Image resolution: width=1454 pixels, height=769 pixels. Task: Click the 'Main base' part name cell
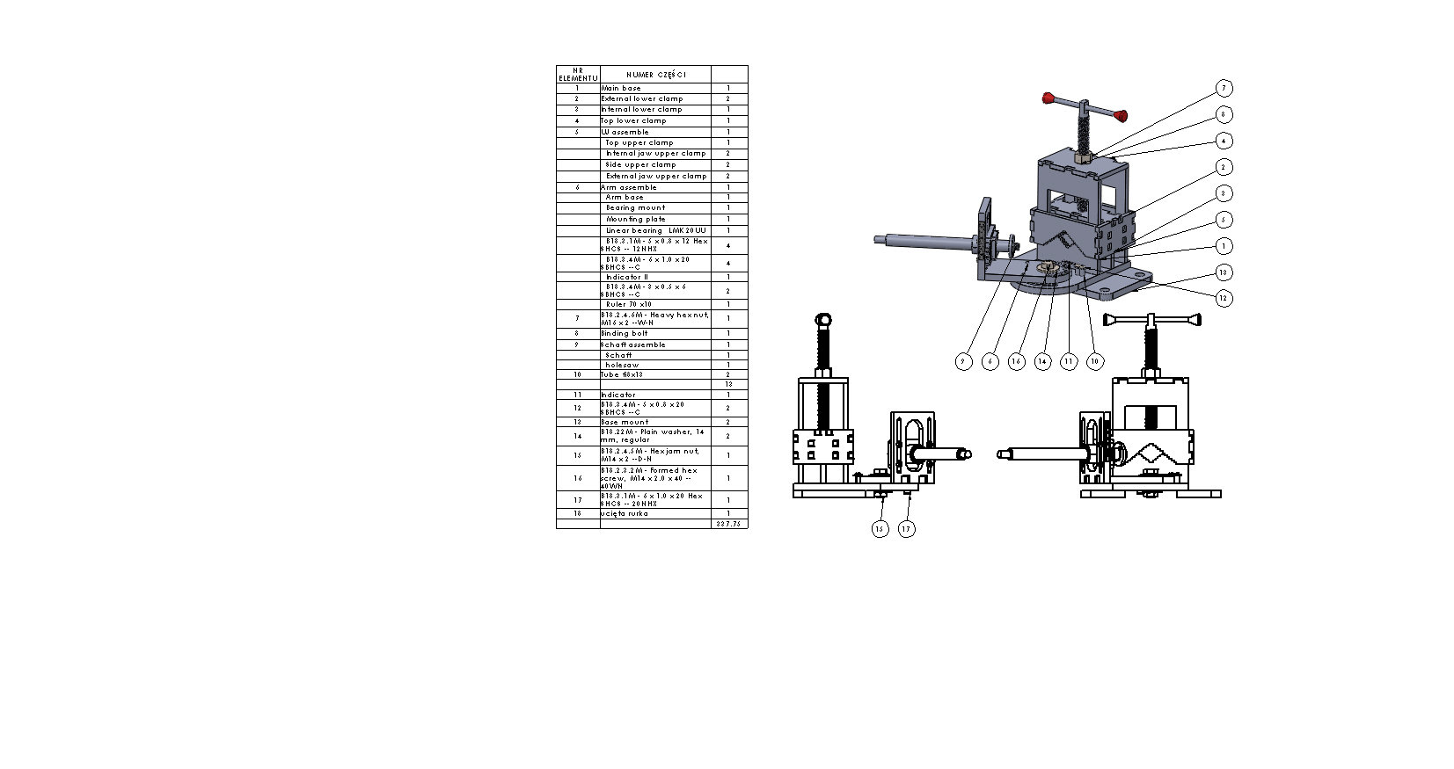pyautogui.click(x=621, y=88)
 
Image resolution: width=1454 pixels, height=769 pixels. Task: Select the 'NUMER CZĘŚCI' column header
pyautogui.click(x=655, y=75)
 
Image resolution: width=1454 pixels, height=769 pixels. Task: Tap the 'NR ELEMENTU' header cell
pyautogui.click(x=577, y=75)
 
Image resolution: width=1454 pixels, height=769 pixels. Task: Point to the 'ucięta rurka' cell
pyautogui.click(x=625, y=513)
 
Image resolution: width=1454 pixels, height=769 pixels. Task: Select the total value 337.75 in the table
pyautogui.click(x=728, y=524)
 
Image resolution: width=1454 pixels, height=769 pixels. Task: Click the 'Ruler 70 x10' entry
pyautogui.click(x=629, y=304)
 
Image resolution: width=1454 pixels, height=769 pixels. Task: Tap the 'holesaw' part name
pyautogui.click(x=622, y=365)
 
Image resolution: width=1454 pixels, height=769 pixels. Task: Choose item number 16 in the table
pyautogui.click(x=577, y=479)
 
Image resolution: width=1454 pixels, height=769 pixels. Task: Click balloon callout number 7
pyautogui.click(x=1223, y=88)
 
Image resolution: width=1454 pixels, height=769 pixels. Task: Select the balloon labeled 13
pyautogui.click(x=1223, y=272)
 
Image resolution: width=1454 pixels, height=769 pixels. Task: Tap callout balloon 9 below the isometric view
pyautogui.click(x=964, y=361)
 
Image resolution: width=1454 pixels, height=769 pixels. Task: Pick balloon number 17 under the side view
pyautogui.click(x=906, y=529)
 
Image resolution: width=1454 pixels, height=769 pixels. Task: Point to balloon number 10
pyautogui.click(x=1094, y=361)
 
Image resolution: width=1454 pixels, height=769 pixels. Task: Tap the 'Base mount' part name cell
pyautogui.click(x=625, y=422)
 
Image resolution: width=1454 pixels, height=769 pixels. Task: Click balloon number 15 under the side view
pyautogui.click(x=880, y=529)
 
